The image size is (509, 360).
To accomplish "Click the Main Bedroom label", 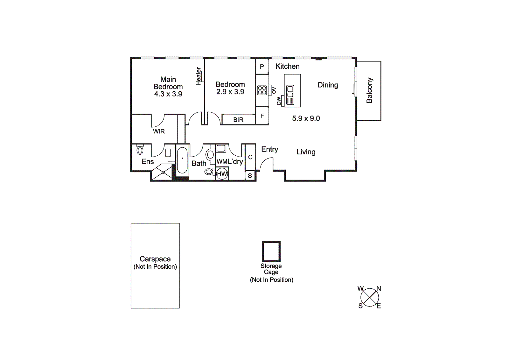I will pyautogui.click(x=168, y=83).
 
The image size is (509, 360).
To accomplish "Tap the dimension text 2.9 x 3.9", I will pyautogui.click(x=230, y=92).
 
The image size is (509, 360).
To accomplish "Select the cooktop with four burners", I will pyautogui.click(x=262, y=90).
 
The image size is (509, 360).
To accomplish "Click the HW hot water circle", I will pyautogui.click(x=222, y=174).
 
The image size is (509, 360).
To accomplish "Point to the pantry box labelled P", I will pyautogui.click(x=262, y=67).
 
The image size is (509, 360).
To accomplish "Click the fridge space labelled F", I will pyautogui.click(x=262, y=116).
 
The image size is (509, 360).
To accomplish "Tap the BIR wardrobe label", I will pyautogui.click(x=238, y=120).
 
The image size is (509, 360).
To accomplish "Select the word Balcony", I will pyautogui.click(x=369, y=90).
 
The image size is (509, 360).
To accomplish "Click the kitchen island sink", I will pyautogui.click(x=290, y=95).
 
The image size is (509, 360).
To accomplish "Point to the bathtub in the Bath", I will pyautogui.click(x=182, y=160).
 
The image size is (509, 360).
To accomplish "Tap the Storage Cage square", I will pyautogui.click(x=271, y=251).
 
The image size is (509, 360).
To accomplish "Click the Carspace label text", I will pyautogui.click(x=155, y=259).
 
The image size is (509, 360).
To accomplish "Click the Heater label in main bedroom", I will pyautogui.click(x=199, y=76).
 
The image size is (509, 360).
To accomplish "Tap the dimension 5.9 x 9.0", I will pyautogui.click(x=306, y=118).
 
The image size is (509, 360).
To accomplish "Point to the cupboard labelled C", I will pyautogui.click(x=250, y=157).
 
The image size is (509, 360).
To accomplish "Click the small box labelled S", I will pyautogui.click(x=250, y=176).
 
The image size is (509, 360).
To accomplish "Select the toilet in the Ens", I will pyautogui.click(x=140, y=150).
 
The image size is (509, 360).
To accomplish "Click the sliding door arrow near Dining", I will pyautogui.click(x=353, y=89).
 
